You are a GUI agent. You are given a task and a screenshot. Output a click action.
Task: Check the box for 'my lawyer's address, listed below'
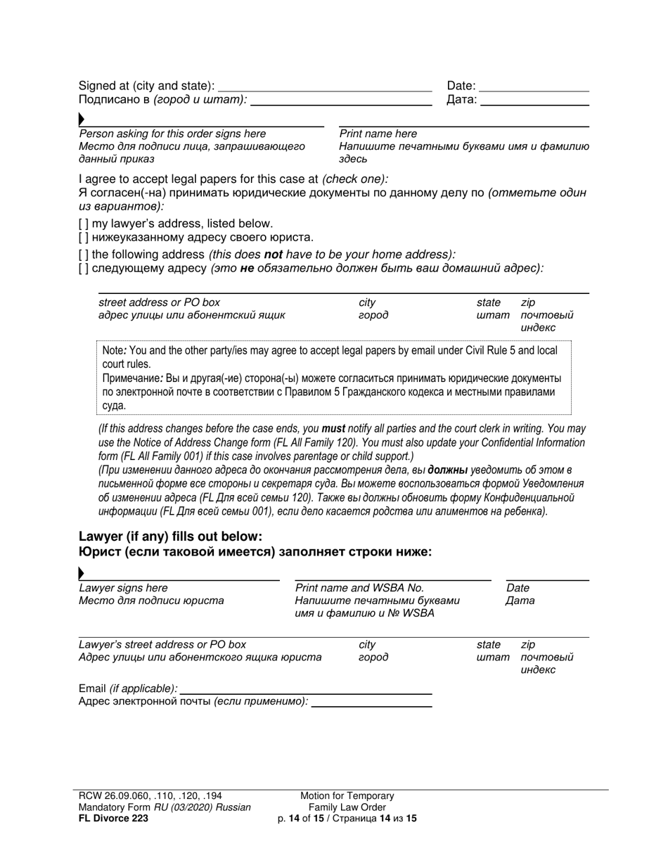[84, 224]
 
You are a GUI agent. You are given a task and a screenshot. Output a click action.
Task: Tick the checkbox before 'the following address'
[84, 255]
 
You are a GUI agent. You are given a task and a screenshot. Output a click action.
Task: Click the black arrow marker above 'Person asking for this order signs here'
[82, 120]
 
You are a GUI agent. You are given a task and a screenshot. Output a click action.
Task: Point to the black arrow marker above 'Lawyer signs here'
[82, 574]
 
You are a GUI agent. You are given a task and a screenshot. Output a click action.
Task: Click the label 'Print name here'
[378, 134]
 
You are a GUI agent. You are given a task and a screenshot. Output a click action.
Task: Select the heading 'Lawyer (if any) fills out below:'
[170, 537]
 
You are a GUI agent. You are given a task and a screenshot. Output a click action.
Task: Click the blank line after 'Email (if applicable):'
[306, 689]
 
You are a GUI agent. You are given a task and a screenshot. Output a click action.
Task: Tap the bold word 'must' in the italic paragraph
[333, 428]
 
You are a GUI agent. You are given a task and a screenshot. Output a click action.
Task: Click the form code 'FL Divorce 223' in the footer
[113, 818]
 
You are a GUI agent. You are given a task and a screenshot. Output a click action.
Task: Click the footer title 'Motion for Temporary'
[347, 795]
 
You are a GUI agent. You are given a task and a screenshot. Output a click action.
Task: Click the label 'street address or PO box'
[159, 302]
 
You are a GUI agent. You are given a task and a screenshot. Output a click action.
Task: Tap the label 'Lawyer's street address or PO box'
[162, 644]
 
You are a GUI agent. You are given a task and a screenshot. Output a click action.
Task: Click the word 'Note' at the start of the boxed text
[113, 350]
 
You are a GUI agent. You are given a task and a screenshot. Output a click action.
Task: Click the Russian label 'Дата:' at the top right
[461, 101]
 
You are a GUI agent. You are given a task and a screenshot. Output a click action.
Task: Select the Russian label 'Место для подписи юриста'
[151, 601]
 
